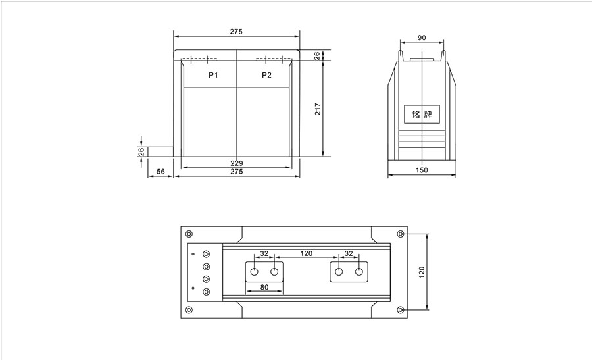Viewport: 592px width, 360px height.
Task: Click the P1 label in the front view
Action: point(213,75)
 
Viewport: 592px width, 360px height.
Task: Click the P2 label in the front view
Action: point(266,75)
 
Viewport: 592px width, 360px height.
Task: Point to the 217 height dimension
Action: point(318,109)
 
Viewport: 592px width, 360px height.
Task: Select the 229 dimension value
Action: point(237,163)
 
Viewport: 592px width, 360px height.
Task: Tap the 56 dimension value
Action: point(160,172)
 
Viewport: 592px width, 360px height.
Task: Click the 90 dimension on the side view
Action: point(422,38)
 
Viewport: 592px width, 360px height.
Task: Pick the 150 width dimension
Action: point(422,171)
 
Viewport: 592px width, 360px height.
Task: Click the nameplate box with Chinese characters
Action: point(421,115)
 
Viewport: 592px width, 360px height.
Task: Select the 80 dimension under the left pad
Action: point(264,287)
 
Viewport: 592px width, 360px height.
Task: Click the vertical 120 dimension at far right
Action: point(422,270)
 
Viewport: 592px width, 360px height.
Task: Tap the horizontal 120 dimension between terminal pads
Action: point(306,253)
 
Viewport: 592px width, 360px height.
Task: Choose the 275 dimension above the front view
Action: point(237,32)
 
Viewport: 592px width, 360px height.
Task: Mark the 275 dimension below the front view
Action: point(237,172)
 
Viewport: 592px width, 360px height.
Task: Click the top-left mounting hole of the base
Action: point(189,234)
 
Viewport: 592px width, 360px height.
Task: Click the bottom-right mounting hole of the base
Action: point(401,309)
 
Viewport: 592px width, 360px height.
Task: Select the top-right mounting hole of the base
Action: point(401,234)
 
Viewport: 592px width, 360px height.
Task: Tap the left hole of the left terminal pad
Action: point(254,271)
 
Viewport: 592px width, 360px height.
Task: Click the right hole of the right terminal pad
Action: point(359,272)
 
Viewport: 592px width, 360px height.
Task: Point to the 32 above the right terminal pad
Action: point(349,253)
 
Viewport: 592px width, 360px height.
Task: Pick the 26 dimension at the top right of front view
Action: point(318,55)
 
